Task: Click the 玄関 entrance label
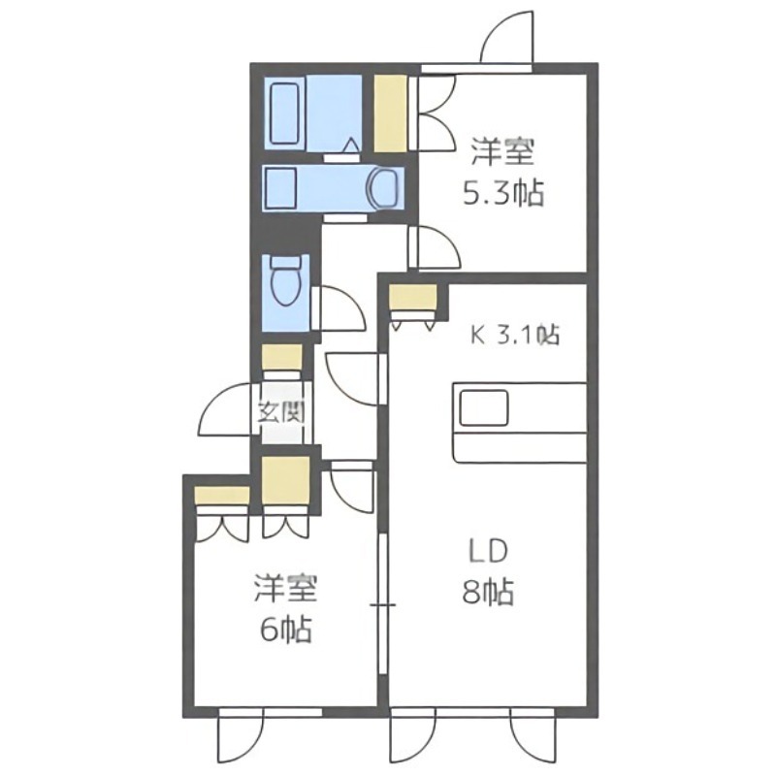pos(280,411)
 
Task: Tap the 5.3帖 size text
pos(501,194)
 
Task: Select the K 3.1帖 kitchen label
pos(514,337)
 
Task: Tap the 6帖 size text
pos(285,630)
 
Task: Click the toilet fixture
pos(285,284)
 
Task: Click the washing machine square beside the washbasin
pos(280,184)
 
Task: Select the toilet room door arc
pos(339,308)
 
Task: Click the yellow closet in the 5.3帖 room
pos(390,113)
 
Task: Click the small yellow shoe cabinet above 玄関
pos(281,357)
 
